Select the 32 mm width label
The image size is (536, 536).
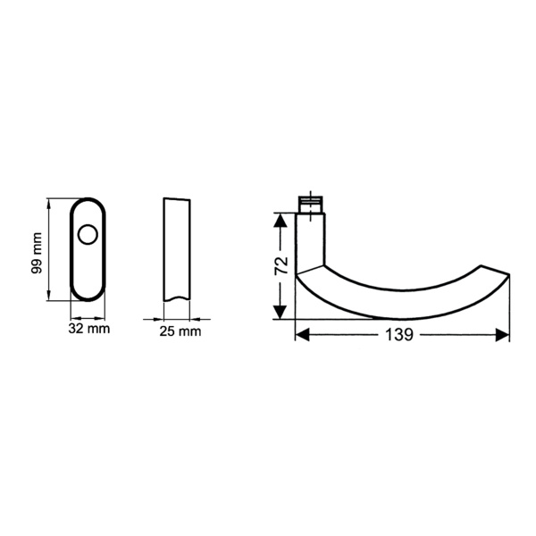pyautogui.click(x=88, y=331)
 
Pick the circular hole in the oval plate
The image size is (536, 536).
pyautogui.click(x=88, y=235)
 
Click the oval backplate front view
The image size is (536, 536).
pyautogui.click(x=88, y=268)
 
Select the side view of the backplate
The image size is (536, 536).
pyautogui.click(x=176, y=250)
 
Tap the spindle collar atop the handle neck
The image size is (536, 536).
pyautogui.click(x=311, y=206)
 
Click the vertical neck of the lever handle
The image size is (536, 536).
pyautogui.click(x=309, y=239)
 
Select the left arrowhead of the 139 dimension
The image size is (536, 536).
pyautogui.click(x=302, y=335)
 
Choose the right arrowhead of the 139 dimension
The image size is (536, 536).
pyautogui.click(x=502, y=335)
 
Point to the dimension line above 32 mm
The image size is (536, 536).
pyautogui.click(x=88, y=317)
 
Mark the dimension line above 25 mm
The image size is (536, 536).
pyautogui.click(x=177, y=317)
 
